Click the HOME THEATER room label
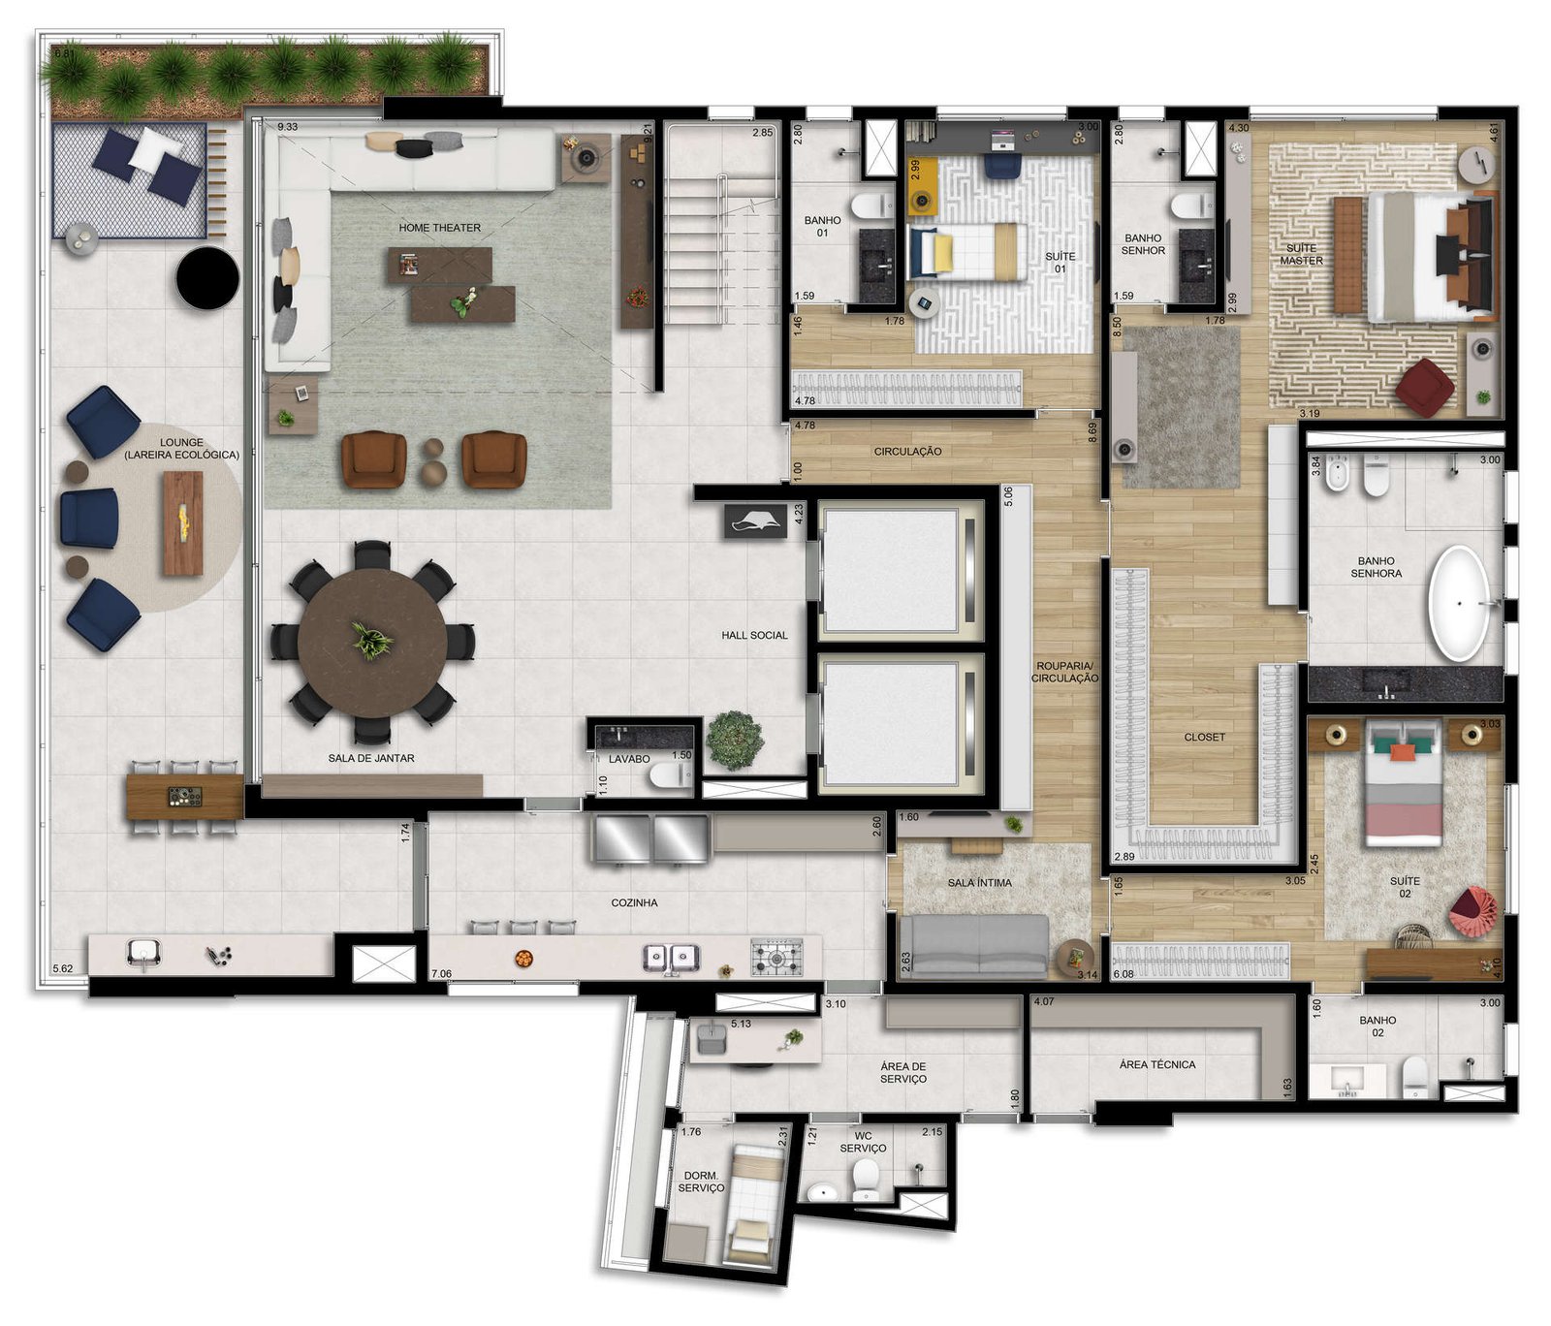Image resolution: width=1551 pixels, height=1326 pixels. point(439,228)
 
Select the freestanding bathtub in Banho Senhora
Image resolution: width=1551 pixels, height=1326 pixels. point(1458,604)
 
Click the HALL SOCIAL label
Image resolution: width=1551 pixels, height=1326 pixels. point(754,636)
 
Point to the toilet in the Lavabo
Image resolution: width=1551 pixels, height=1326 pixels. point(670,774)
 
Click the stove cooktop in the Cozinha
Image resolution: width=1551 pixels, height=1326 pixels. point(777,956)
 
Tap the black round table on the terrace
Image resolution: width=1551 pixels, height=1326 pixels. point(207,278)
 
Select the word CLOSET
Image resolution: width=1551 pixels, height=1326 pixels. point(1205,738)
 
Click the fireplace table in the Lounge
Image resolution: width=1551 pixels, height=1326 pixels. point(183,523)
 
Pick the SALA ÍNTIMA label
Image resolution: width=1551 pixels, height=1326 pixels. point(980,883)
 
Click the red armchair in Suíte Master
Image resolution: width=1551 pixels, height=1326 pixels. point(1425,388)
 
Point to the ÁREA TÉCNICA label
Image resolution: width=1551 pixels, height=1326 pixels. point(1157,1064)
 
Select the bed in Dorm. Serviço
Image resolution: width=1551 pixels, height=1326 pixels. point(753,1204)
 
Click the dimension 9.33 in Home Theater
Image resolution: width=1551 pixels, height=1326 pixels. point(287,127)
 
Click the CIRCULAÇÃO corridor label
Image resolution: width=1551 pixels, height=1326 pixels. point(907,452)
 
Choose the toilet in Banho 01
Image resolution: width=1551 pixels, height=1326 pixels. point(871,205)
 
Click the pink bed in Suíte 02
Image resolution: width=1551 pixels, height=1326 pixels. point(1403,784)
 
